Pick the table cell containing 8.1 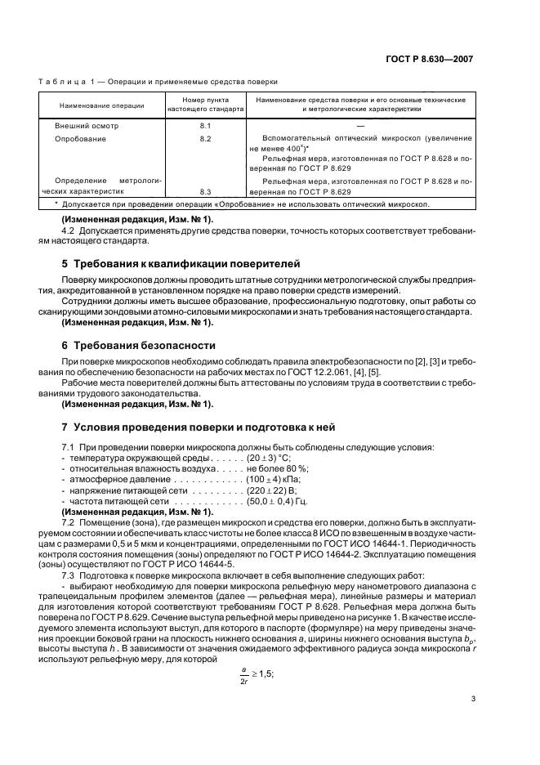click(x=205, y=127)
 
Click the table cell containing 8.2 click(x=205, y=140)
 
